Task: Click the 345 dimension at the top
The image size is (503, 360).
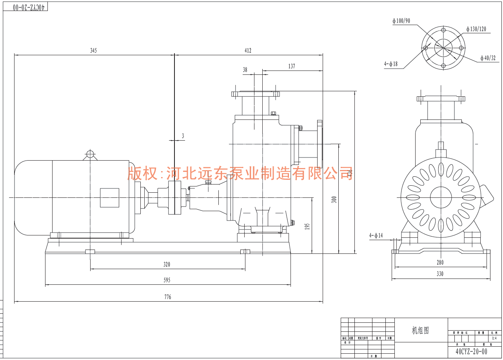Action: pyautogui.click(x=93, y=51)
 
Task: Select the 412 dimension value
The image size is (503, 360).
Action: pyautogui.click(x=248, y=51)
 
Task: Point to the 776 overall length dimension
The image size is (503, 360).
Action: pyautogui.click(x=168, y=297)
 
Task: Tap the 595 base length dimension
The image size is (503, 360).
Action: pyautogui.click(x=167, y=280)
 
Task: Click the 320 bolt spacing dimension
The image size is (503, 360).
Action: pyautogui.click(x=167, y=264)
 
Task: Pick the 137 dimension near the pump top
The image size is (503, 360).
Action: pyautogui.click(x=291, y=67)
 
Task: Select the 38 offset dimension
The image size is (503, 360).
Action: pyautogui.click(x=245, y=70)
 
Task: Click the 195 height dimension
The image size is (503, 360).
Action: pyautogui.click(x=307, y=226)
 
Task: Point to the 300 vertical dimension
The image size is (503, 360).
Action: pyautogui.click(x=334, y=199)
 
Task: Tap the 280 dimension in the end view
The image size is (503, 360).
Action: pyautogui.click(x=440, y=262)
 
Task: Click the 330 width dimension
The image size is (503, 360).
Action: pyautogui.click(x=440, y=274)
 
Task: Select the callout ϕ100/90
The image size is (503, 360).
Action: pyautogui.click(x=401, y=21)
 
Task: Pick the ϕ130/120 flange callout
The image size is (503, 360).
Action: pyautogui.click(x=476, y=29)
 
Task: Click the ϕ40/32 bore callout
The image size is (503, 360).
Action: pyautogui.click(x=488, y=58)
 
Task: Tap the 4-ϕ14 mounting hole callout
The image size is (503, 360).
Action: pyautogui.click(x=376, y=235)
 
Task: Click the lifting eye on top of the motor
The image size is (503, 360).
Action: pyautogui.click(x=90, y=154)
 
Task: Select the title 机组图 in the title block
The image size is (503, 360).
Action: pyautogui.click(x=420, y=331)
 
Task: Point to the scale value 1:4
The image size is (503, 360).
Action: pyautogui.click(x=494, y=338)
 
